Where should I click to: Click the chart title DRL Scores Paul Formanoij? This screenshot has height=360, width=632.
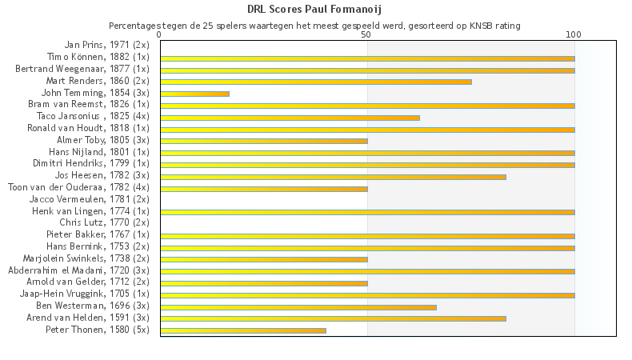click(x=314, y=10)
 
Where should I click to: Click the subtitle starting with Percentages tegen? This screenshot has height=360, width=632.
click(x=314, y=26)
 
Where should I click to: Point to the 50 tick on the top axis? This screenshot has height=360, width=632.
click(x=366, y=35)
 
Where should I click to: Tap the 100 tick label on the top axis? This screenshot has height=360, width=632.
click(x=574, y=35)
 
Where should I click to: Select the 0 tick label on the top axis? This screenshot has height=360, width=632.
click(x=160, y=35)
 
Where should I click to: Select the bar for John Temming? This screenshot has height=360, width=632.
click(x=194, y=94)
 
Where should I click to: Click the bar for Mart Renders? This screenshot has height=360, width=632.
click(x=316, y=82)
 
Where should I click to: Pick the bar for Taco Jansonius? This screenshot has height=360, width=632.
click(x=290, y=118)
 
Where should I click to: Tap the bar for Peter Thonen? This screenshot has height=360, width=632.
click(x=243, y=330)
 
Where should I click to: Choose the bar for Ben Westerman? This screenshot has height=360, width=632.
click(x=298, y=306)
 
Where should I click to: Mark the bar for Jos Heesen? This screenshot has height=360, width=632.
click(x=333, y=176)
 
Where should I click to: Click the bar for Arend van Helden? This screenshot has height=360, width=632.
click(x=333, y=318)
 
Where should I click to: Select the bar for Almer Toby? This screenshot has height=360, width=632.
click(x=264, y=141)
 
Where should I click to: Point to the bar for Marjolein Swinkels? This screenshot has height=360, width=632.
click(x=264, y=259)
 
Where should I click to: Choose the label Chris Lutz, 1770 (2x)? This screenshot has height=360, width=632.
click(x=104, y=222)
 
